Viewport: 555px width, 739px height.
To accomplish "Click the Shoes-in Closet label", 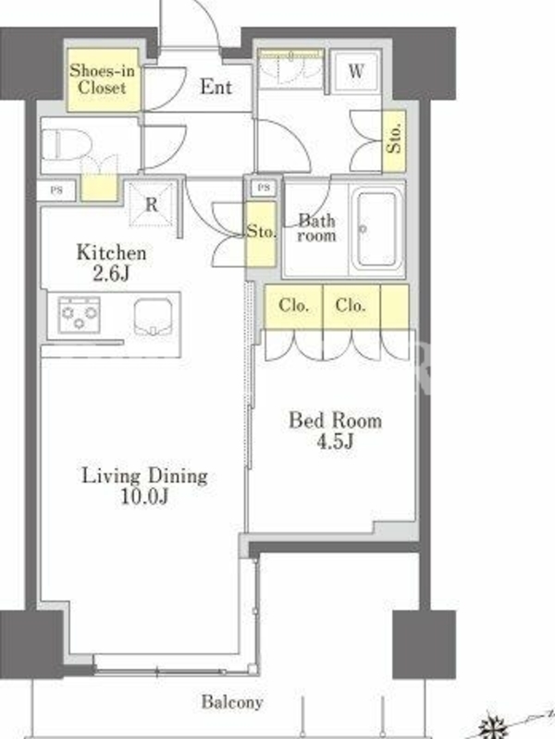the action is pyautogui.click(x=103, y=79).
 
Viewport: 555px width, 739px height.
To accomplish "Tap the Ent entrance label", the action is pyautogui.click(x=216, y=87).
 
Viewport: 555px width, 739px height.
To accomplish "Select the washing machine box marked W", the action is pyautogui.click(x=356, y=72).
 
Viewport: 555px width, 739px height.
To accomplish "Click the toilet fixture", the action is pyautogui.click(x=66, y=145).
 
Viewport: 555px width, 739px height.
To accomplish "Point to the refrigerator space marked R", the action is pyautogui.click(x=152, y=204).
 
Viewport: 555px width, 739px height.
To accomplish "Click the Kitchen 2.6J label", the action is pyautogui.click(x=111, y=262).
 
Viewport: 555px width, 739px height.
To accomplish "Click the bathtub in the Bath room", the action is pyautogui.click(x=376, y=229).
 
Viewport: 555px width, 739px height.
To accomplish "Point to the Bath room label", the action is pyautogui.click(x=316, y=227).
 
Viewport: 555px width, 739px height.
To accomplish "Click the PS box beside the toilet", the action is pyautogui.click(x=56, y=191).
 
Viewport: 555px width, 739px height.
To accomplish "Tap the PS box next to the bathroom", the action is pyautogui.click(x=264, y=188).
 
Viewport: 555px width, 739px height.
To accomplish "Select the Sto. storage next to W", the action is pyautogui.click(x=394, y=140).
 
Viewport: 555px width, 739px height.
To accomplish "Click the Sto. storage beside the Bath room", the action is pyautogui.click(x=261, y=234).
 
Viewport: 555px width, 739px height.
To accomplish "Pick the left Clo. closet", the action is pyautogui.click(x=293, y=306).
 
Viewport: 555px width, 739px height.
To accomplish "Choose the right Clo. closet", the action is pyautogui.click(x=351, y=306).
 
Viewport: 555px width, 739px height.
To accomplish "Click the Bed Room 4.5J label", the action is pyautogui.click(x=336, y=430).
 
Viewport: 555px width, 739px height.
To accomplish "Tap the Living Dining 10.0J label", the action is pyautogui.click(x=145, y=486).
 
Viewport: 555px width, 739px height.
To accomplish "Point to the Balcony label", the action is pyautogui.click(x=232, y=702).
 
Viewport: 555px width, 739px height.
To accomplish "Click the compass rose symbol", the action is pyautogui.click(x=495, y=726).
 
